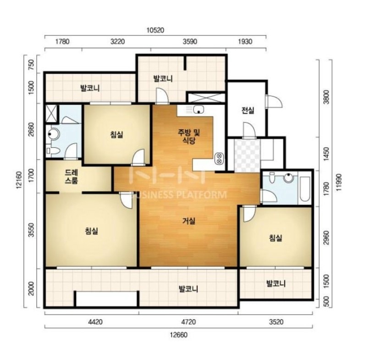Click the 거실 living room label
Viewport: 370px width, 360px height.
[189, 221]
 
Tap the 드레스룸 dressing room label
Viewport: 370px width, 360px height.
[72, 177]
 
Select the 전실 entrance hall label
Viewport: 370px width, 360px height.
[248, 110]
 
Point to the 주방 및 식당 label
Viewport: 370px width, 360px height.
[189, 137]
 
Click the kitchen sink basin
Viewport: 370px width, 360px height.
[199, 110]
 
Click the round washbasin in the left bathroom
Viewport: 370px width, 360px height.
[53, 134]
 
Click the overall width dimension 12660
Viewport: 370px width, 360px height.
[179, 335]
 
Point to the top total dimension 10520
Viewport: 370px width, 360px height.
[155, 30]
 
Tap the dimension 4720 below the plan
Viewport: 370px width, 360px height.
[189, 322]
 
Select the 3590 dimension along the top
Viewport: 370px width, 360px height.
[190, 42]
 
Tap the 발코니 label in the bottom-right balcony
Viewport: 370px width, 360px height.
[276, 283]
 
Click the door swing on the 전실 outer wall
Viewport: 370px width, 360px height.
[274, 102]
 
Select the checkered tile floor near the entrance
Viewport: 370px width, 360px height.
[247, 156]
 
